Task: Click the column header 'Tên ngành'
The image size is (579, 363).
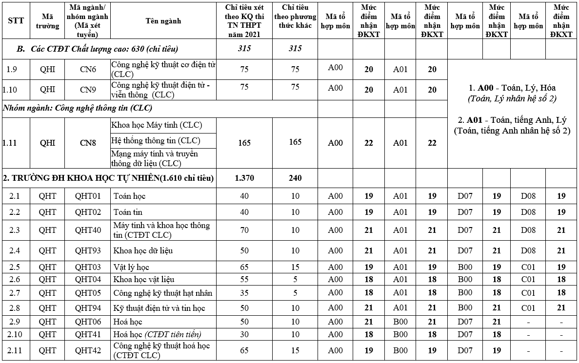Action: click(163, 21)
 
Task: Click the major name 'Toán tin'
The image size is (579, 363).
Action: click(128, 212)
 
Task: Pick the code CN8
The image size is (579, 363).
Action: click(88, 143)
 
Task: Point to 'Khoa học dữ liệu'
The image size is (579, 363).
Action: click(142, 250)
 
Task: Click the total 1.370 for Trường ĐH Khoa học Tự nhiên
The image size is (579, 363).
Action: click(244, 178)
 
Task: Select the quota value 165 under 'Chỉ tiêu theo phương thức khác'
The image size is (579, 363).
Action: click(295, 142)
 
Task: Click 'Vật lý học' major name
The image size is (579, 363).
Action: click(131, 267)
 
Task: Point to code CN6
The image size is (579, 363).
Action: click(88, 69)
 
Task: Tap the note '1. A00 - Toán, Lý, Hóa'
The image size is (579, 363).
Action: click(512, 88)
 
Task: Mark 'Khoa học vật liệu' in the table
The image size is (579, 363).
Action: click(143, 279)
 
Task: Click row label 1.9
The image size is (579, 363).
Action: click(15, 69)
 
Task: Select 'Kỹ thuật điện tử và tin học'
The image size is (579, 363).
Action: click(159, 308)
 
